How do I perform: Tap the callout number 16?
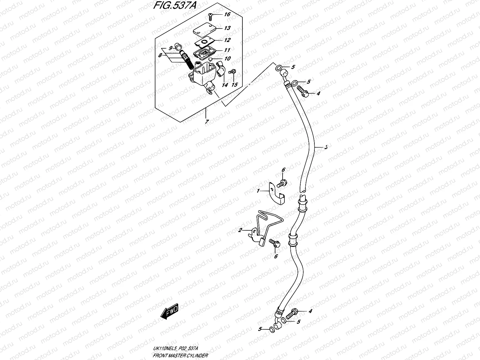click(227, 14)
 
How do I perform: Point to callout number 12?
click(227, 40)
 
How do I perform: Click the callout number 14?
click(225, 85)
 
